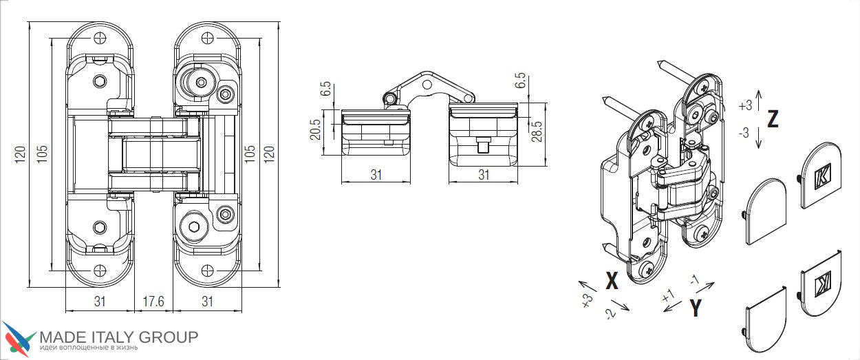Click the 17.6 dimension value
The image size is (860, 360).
(x=153, y=301)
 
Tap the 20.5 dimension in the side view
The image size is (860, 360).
(x=315, y=129)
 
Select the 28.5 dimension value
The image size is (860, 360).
(x=537, y=131)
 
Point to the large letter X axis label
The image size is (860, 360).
(x=612, y=280)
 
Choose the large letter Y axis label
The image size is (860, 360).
(x=696, y=308)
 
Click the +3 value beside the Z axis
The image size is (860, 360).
(x=745, y=105)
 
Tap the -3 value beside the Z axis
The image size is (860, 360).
(x=744, y=133)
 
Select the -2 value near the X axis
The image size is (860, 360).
(x=610, y=313)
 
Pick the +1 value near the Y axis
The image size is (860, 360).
(x=669, y=296)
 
